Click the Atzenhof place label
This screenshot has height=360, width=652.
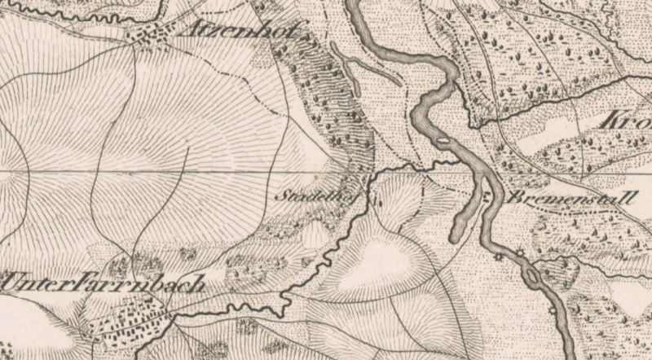[x=243, y=32]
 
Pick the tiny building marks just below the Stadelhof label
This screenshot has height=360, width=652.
[x=377, y=198]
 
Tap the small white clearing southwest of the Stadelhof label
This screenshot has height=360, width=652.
[x=314, y=237]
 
